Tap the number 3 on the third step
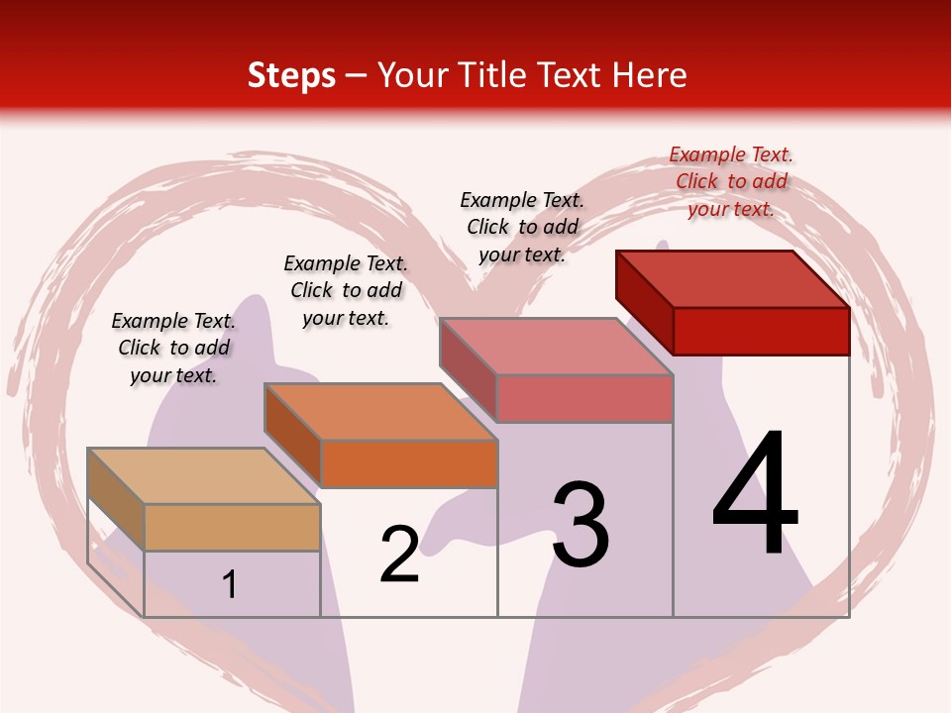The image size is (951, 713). [581, 526]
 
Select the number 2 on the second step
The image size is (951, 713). [399, 555]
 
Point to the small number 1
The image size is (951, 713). [230, 585]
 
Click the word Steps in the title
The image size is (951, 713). [291, 75]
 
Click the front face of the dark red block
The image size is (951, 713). [761, 331]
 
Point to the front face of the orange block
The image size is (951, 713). [409, 463]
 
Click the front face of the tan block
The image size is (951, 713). [232, 527]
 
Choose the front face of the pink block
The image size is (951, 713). [584, 398]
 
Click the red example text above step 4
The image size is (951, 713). [731, 181]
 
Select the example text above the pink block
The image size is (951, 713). [522, 227]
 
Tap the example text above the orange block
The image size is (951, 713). [346, 290]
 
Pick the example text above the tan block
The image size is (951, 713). [173, 348]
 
